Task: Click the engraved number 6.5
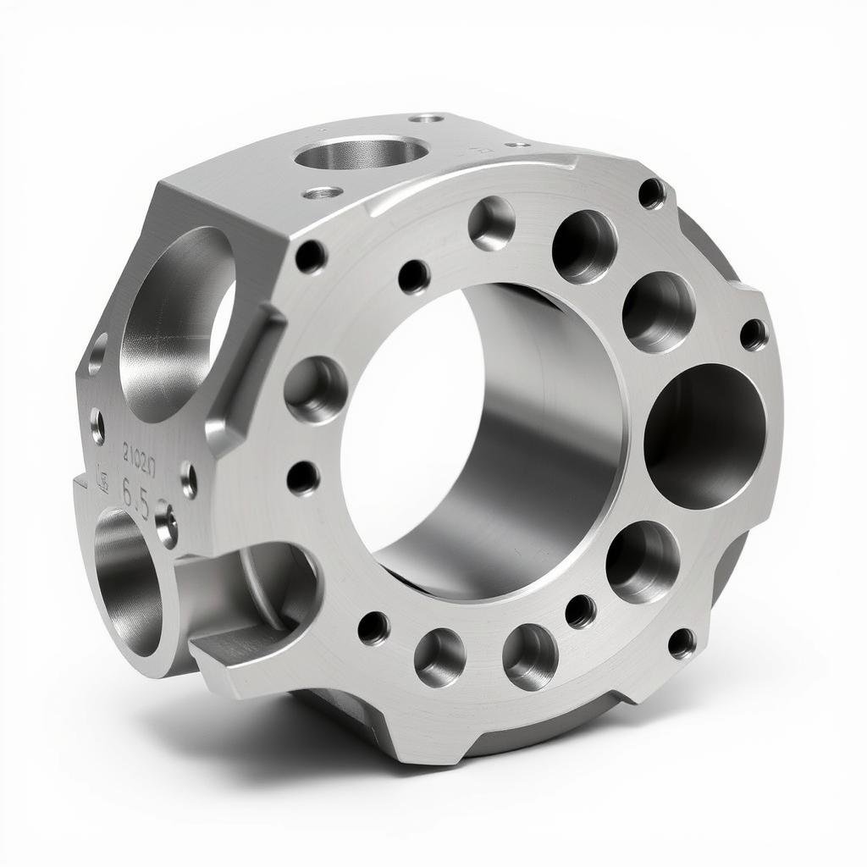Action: click(135, 494)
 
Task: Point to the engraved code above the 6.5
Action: click(139, 461)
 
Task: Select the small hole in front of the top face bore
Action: click(323, 193)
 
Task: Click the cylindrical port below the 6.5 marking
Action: click(127, 584)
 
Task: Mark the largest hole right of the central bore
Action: click(704, 436)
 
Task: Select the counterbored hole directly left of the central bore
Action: click(315, 389)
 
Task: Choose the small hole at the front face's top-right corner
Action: click(651, 193)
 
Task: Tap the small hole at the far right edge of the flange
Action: click(754, 334)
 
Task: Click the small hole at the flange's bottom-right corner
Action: click(682, 643)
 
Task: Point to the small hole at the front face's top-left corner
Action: click(310, 256)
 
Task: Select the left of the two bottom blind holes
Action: click(439, 657)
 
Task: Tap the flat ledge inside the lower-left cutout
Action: click(237, 639)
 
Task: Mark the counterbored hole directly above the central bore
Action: click(492, 224)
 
